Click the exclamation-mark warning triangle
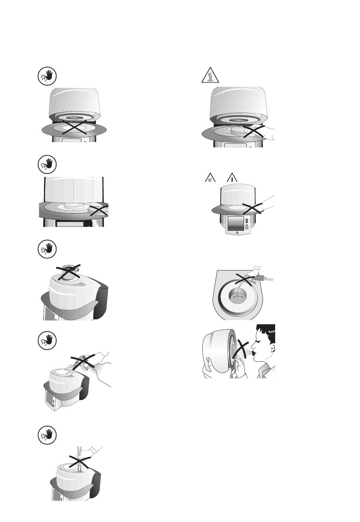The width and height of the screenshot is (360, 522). point(232,178)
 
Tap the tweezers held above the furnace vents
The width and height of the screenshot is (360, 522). point(80,456)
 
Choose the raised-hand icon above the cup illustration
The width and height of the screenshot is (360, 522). point(47,249)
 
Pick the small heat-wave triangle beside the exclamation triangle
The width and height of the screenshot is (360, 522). point(210,178)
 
